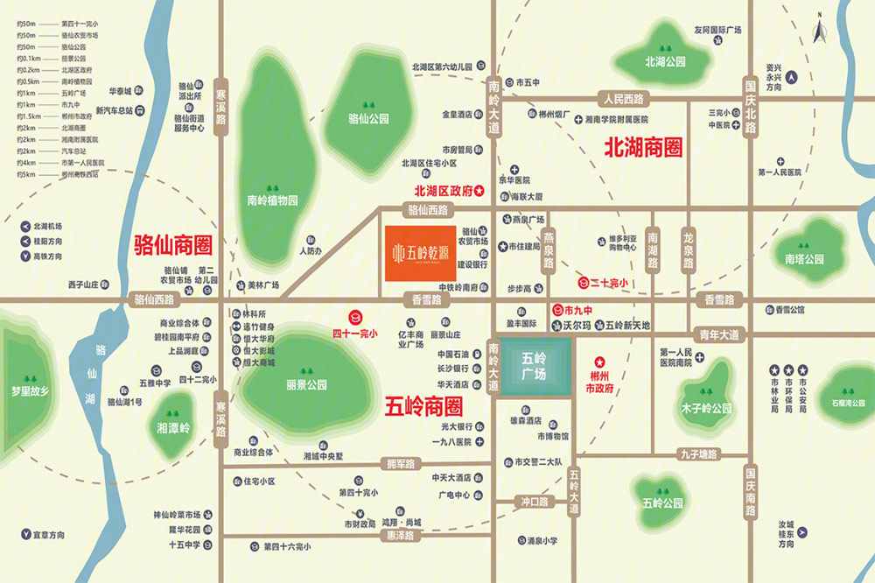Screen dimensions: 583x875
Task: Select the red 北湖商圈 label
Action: point(643,147)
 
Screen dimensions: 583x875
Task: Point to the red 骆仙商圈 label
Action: point(173,244)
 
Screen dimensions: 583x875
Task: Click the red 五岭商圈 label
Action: point(423,406)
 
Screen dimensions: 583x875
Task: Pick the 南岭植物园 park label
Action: point(272,200)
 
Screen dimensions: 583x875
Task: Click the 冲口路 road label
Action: point(531,502)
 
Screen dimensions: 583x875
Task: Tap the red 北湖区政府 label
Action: point(443,191)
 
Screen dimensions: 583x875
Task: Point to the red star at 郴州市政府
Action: point(600,361)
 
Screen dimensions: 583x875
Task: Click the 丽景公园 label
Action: point(306,384)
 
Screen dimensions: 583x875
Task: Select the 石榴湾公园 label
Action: point(843,404)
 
